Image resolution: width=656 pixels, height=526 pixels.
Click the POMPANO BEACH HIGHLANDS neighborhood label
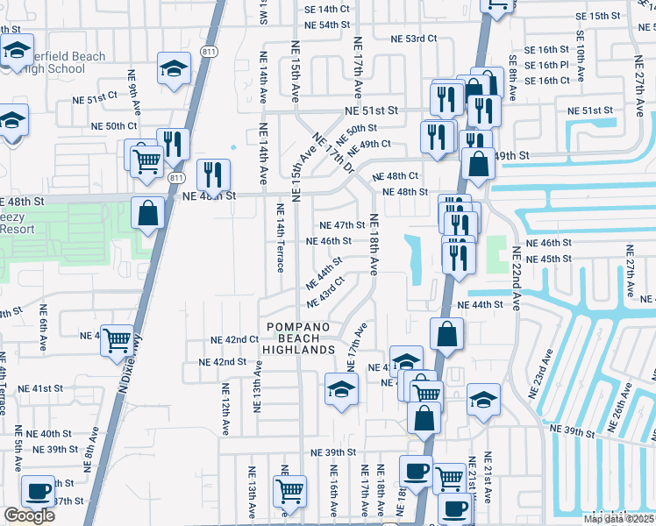299,338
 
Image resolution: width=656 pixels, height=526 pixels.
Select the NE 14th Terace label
281,238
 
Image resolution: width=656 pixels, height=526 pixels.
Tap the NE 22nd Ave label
516,275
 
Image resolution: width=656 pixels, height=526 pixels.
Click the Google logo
29,515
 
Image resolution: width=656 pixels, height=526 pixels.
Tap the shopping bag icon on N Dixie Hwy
148,213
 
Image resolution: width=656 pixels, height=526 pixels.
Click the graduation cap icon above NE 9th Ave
174,68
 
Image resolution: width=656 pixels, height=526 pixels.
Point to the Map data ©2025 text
619,519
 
